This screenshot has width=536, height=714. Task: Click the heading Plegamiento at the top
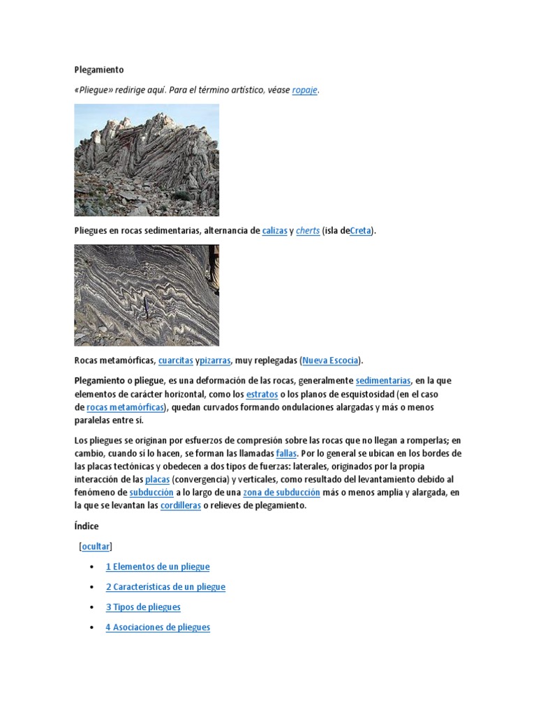pos(98,70)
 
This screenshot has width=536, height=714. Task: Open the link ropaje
pos(304,91)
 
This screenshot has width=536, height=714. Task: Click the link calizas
pos(274,231)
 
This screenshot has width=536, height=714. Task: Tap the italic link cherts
pos(308,231)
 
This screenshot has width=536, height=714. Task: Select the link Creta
pos(360,231)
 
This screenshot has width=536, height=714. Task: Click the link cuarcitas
pos(175,360)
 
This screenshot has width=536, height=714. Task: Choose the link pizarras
pos(215,360)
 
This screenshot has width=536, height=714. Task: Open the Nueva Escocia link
pos(331,360)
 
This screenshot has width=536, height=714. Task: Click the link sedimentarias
pos(383,381)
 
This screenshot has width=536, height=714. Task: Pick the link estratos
pos(262,394)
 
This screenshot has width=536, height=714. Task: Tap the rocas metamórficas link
pos(126,407)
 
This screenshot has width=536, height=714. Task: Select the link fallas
pos(286,453)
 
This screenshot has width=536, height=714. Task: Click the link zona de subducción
pos(281,492)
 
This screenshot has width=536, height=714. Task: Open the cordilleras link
pos(180,506)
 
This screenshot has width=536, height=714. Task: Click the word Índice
pos(87,526)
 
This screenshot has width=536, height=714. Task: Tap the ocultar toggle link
pos(96,547)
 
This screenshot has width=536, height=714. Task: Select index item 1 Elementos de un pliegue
pos(157,567)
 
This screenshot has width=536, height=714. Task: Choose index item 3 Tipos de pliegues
pos(143,607)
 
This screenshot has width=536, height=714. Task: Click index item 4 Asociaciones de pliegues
pos(158,628)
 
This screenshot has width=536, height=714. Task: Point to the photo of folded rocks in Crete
pos(147,160)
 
